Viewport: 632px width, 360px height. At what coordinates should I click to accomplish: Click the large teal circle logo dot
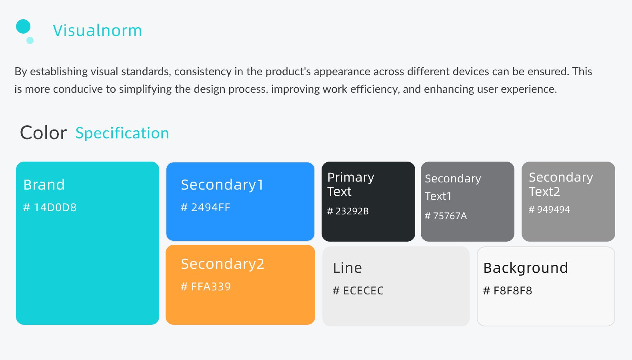[23, 26]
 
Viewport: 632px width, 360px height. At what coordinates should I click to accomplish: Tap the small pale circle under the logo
[30, 40]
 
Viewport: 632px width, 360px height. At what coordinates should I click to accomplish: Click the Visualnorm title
[97, 30]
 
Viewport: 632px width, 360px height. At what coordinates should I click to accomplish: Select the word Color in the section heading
[43, 133]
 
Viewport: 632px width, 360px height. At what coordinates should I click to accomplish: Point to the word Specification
[122, 133]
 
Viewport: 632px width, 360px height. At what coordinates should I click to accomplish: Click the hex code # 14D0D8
[50, 208]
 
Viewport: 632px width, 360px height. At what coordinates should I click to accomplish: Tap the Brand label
[44, 185]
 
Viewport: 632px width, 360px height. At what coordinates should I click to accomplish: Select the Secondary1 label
[222, 185]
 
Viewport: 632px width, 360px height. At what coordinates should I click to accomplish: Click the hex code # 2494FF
[206, 208]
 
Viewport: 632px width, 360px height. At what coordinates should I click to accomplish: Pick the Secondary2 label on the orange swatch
[223, 264]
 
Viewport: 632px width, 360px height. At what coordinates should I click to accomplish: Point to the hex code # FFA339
[206, 287]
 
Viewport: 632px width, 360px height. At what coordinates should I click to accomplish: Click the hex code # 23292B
[348, 211]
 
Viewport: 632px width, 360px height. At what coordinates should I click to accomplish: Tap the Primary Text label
[351, 184]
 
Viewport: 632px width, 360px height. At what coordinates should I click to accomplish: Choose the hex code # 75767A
[446, 216]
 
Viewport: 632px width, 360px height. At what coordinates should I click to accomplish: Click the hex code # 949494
[549, 210]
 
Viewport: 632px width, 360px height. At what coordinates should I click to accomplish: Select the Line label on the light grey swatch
[347, 268]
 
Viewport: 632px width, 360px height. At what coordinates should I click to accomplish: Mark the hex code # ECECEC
[358, 290]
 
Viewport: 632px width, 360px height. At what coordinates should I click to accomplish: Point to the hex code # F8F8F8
[508, 290]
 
